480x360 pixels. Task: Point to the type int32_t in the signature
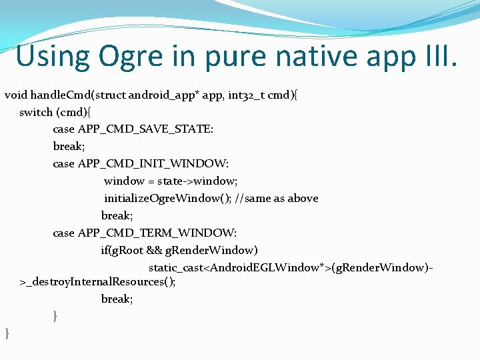pos(249,95)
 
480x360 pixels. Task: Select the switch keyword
pos(35,112)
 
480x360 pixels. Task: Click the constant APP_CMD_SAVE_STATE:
pos(146,129)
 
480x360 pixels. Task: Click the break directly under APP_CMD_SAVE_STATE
pos(69,146)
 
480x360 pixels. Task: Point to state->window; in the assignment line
pos(197,181)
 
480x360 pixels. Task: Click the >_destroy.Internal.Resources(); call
pos(98,281)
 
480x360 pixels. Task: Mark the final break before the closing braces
pos(117,299)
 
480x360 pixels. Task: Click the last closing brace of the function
pos(7,333)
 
